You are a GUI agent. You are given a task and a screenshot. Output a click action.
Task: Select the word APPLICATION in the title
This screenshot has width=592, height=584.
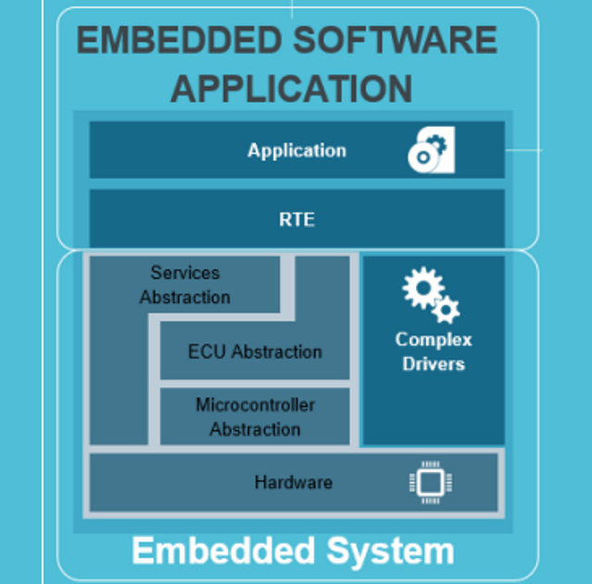(x=291, y=89)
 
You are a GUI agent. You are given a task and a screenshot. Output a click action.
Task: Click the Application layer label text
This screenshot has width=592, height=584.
(x=296, y=150)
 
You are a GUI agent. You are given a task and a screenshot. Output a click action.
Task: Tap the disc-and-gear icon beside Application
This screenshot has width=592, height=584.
(x=430, y=151)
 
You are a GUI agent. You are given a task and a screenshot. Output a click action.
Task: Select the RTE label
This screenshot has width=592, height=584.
(x=296, y=220)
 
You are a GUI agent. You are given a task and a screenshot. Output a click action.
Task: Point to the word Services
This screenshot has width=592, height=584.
(x=185, y=273)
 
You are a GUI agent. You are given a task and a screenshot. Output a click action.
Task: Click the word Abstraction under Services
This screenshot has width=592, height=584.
(x=185, y=298)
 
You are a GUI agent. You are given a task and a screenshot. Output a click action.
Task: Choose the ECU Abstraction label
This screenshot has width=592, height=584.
(x=255, y=352)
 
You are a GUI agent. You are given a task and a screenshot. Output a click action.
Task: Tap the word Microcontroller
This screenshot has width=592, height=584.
(x=255, y=405)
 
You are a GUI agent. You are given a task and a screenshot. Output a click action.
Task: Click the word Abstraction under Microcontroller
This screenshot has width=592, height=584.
(x=255, y=429)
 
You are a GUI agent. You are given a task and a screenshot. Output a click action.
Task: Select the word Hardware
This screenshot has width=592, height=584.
(x=293, y=482)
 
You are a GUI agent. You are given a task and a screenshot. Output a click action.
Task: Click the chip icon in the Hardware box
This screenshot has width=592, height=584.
(x=430, y=482)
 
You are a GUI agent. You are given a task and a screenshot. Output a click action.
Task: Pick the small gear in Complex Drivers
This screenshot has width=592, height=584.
(x=447, y=310)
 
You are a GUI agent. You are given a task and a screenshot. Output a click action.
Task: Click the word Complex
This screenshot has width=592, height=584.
(x=433, y=339)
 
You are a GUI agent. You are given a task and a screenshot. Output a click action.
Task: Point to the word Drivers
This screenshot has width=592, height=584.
(x=433, y=363)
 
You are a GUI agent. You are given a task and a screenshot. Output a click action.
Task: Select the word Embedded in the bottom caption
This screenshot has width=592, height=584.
(x=219, y=552)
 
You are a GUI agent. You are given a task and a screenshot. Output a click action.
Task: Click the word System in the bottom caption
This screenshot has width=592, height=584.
(x=395, y=552)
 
